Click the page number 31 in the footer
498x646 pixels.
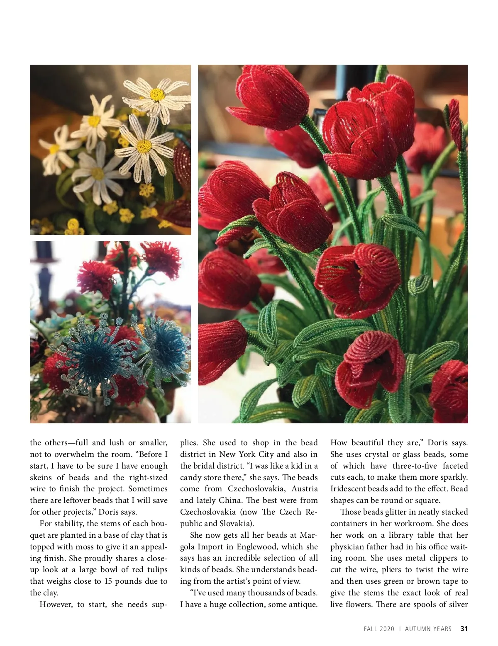click(464, 629)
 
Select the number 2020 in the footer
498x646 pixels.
click(387, 629)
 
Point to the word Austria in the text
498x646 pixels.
click(305, 489)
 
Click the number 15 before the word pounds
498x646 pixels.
click(108, 581)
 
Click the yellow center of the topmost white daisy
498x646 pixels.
click(157, 95)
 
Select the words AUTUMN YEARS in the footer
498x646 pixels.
click(428, 629)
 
